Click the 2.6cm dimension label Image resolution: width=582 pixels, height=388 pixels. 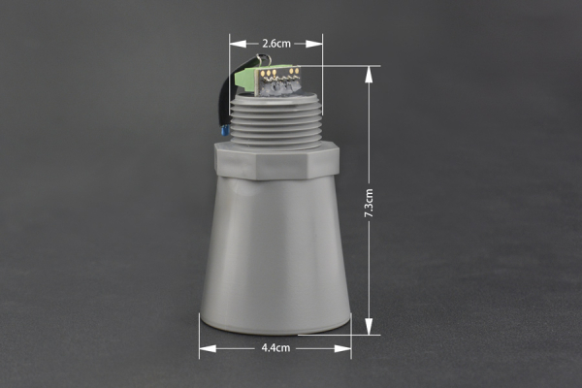pyautogui.click(x=275, y=44)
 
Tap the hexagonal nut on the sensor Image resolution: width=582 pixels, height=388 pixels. pyautogui.click(x=275, y=160)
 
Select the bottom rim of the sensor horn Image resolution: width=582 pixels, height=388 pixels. pyautogui.click(x=275, y=325)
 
